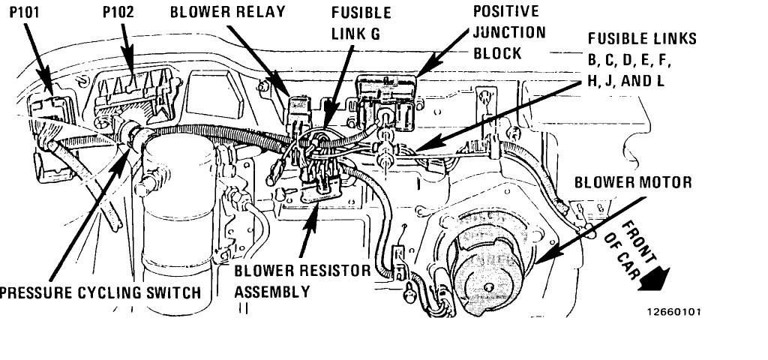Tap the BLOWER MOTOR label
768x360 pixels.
point(633,182)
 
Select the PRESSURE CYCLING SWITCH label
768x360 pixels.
point(100,292)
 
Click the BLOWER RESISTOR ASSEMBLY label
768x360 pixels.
point(302,280)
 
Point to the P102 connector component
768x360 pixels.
point(139,94)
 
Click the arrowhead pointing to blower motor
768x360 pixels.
point(538,259)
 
